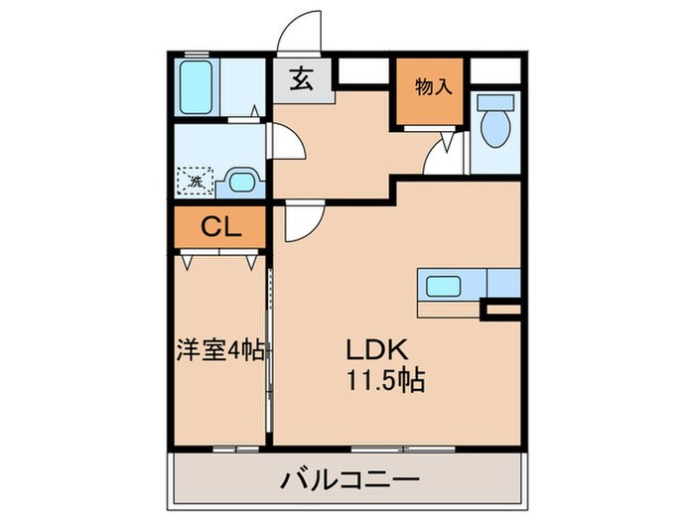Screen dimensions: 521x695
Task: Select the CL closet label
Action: (220, 228)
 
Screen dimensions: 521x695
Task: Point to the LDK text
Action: (374, 351)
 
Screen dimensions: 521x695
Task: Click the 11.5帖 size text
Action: (384, 380)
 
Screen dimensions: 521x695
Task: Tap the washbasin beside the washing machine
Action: (240, 181)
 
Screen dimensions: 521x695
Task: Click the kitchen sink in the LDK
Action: (443, 286)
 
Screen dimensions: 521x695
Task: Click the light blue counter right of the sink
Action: (504, 284)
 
